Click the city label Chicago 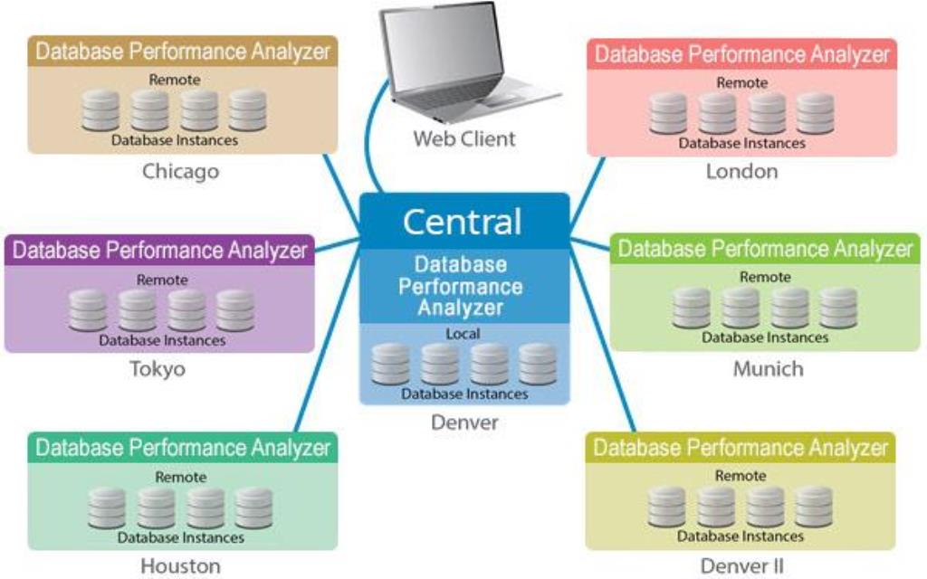pyautogui.click(x=181, y=171)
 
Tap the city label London pyautogui.click(x=741, y=171)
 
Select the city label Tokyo pyautogui.click(x=158, y=368)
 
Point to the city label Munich pyautogui.click(x=768, y=369)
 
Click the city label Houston pyautogui.click(x=180, y=566)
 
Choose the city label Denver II pyautogui.click(x=741, y=566)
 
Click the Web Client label pyautogui.click(x=464, y=138)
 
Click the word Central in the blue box pyautogui.click(x=463, y=222)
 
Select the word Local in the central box pyautogui.click(x=463, y=334)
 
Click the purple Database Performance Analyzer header pyautogui.click(x=159, y=250)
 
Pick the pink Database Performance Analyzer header pyautogui.click(x=741, y=53)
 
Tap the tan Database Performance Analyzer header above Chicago pyautogui.click(x=182, y=51)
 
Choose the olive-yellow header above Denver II pyautogui.click(x=741, y=447)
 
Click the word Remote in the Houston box pyautogui.click(x=181, y=477)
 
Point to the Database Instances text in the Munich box pyautogui.click(x=766, y=337)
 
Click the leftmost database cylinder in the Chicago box pyautogui.click(x=100, y=110)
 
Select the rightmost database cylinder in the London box pyautogui.click(x=815, y=114)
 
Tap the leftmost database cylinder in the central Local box pyautogui.click(x=390, y=365)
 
